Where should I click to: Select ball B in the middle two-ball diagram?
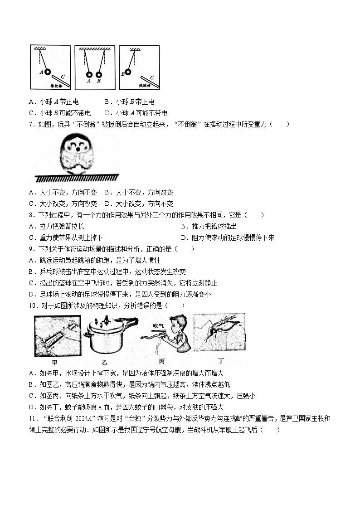coord(99,75)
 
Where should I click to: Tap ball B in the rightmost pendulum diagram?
coord(128,72)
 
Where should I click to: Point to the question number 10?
coord(32,305)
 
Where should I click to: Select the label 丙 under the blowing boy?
coord(161,362)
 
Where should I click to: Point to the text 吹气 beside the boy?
coord(158,325)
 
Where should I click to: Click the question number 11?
coord(32,418)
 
